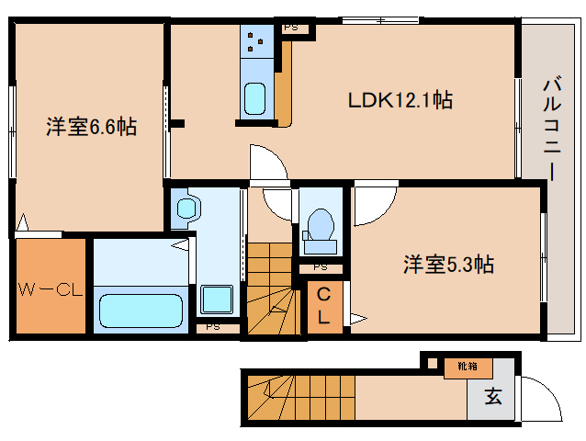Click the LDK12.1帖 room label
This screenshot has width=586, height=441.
point(399,99)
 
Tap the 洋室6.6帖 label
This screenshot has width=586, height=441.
point(91,127)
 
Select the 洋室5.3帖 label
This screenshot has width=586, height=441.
point(448,265)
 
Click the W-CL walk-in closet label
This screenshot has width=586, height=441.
point(51,291)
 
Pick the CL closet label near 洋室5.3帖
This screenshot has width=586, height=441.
point(324,305)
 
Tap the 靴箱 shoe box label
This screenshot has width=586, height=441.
point(468,367)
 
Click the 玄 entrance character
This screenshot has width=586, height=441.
point(493,398)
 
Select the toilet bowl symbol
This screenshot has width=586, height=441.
point(321,226)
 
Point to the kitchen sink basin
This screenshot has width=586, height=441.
point(254,96)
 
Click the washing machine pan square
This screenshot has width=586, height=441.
point(218,300)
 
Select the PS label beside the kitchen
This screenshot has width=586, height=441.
point(290,28)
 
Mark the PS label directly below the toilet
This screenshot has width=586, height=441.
point(320,267)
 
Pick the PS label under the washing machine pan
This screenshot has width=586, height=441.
point(212,325)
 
